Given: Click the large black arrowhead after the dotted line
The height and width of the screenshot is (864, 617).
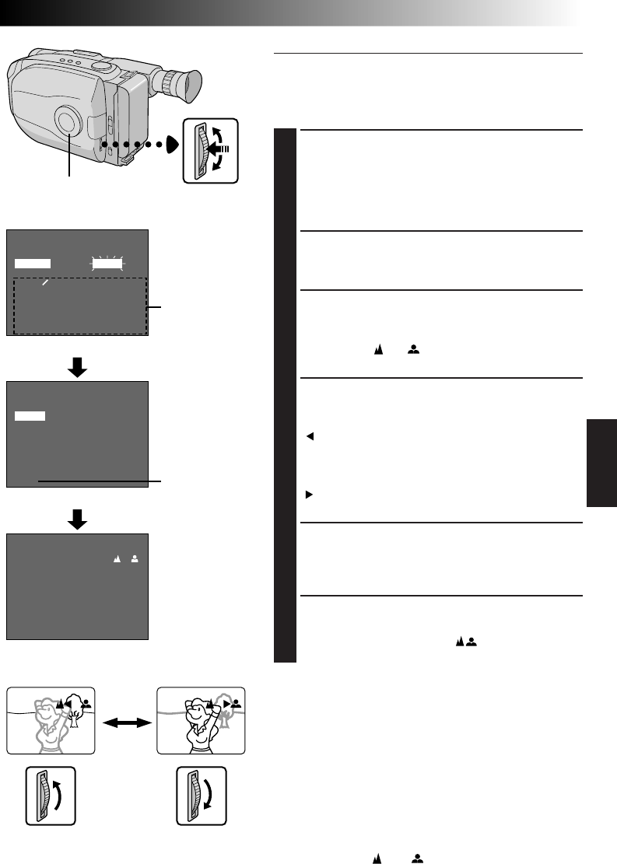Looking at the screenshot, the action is pyautogui.click(x=171, y=144).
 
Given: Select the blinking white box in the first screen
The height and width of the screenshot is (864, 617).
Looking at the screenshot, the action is pyautogui.click(x=108, y=264).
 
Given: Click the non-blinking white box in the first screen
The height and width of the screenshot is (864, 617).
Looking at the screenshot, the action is pyautogui.click(x=33, y=264).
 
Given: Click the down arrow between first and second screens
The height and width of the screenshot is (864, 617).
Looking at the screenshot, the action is pyautogui.click(x=76, y=369).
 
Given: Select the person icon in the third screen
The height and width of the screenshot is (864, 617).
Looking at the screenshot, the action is pyautogui.click(x=134, y=560).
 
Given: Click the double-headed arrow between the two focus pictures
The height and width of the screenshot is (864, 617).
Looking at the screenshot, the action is pyautogui.click(x=125, y=721).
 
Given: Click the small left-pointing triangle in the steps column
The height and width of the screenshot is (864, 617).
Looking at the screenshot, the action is pyautogui.click(x=310, y=435).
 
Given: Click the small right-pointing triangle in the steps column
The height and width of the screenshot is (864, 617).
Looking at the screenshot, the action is pyautogui.click(x=310, y=494).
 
